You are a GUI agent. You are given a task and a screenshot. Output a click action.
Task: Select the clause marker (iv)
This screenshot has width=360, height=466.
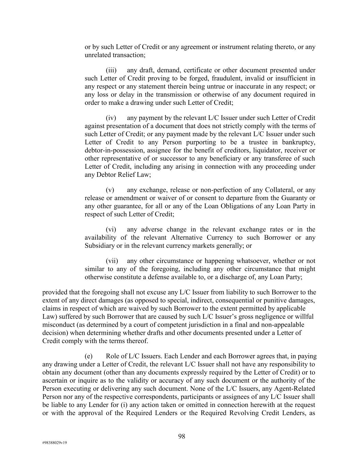[x=111, y=118]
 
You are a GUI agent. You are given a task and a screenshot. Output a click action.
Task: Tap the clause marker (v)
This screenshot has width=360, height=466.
[x=110, y=190]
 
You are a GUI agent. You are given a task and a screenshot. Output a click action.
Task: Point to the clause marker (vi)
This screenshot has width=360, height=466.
[x=111, y=229]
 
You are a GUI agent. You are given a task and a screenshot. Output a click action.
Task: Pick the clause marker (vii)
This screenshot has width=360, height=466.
[x=112, y=261]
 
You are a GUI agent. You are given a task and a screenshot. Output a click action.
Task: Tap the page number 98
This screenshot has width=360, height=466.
[x=182, y=436]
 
